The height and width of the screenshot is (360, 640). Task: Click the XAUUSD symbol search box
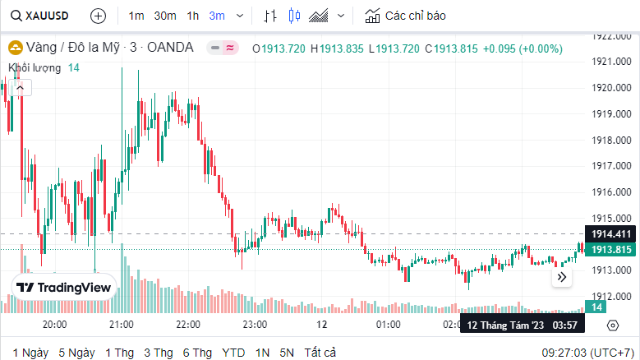tap(41, 16)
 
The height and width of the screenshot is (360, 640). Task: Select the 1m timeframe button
tap(136, 16)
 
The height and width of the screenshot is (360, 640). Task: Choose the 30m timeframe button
tap(165, 16)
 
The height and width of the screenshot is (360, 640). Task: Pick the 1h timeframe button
tap(193, 16)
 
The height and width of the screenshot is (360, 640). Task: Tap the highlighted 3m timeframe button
tap(217, 16)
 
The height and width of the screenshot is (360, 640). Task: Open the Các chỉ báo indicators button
tap(407, 16)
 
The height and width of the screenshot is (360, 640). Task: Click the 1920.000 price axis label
tap(611, 87)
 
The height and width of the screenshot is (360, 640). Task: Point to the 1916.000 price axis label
tap(611, 192)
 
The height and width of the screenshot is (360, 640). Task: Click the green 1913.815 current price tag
tap(611, 249)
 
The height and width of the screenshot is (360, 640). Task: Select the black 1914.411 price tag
tap(611, 234)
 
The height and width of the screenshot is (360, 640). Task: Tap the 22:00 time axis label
tap(188, 325)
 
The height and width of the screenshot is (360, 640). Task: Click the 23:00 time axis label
tap(255, 325)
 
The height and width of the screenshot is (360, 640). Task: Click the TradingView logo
tap(64, 288)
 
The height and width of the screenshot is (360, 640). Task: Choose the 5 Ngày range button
tap(76, 353)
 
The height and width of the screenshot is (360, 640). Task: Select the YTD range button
tap(233, 353)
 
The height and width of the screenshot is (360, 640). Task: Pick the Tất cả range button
tap(320, 353)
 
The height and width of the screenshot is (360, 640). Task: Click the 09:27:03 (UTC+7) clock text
tap(587, 353)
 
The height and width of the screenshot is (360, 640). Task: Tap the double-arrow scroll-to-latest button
tap(562, 278)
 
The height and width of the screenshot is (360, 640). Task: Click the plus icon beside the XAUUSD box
tap(98, 16)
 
